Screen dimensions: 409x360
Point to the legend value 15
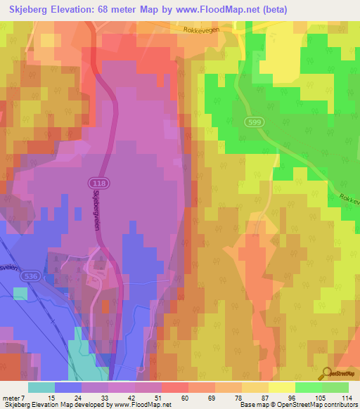[51, 397]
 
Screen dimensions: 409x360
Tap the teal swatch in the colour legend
[41, 387]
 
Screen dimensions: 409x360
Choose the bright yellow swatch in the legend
[281, 387]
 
